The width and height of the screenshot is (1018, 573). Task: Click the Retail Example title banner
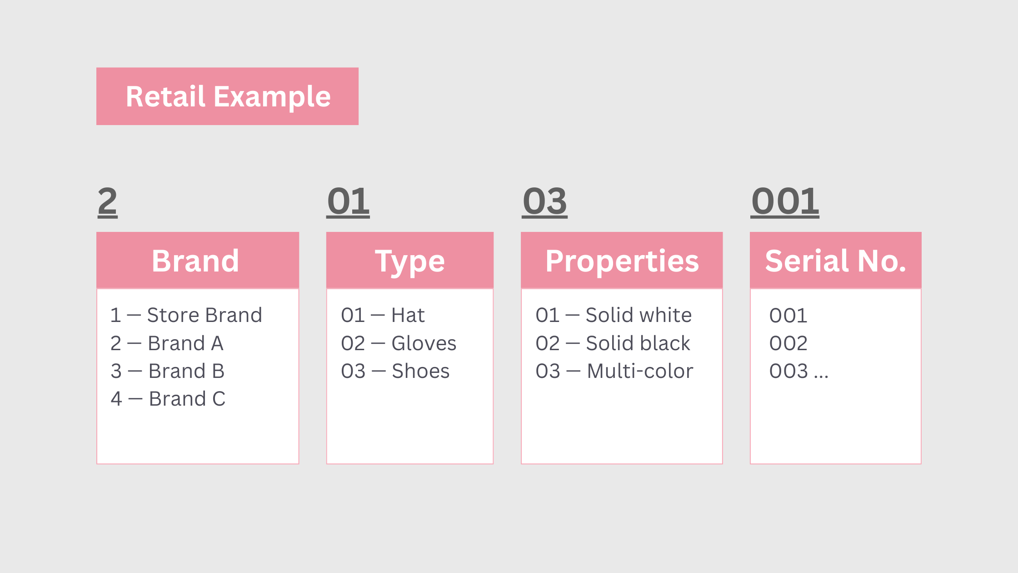click(227, 96)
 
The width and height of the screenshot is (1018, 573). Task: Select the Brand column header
click(198, 260)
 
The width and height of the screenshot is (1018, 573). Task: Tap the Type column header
click(410, 260)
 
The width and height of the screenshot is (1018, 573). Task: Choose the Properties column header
click(622, 260)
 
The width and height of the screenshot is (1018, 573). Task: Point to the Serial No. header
click(835, 260)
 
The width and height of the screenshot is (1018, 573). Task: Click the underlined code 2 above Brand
click(108, 202)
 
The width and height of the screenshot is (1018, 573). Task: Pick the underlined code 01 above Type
click(348, 202)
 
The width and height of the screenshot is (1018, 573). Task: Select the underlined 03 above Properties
click(544, 202)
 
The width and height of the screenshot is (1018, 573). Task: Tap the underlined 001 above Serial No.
click(785, 202)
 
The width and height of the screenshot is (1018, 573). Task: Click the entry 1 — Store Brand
click(186, 315)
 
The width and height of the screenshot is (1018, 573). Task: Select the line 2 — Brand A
click(167, 343)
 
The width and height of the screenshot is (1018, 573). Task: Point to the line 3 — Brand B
click(167, 371)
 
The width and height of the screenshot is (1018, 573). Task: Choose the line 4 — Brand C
click(168, 399)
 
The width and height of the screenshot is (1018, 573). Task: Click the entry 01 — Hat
click(383, 315)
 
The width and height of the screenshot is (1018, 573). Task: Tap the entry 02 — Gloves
click(399, 343)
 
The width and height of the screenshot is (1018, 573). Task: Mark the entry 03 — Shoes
click(395, 371)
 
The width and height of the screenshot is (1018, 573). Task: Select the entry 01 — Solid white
click(614, 315)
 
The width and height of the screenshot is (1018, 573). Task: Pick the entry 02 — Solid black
click(613, 343)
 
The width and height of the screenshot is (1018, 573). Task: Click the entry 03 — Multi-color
click(614, 371)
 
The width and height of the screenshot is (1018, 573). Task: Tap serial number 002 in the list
click(788, 343)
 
